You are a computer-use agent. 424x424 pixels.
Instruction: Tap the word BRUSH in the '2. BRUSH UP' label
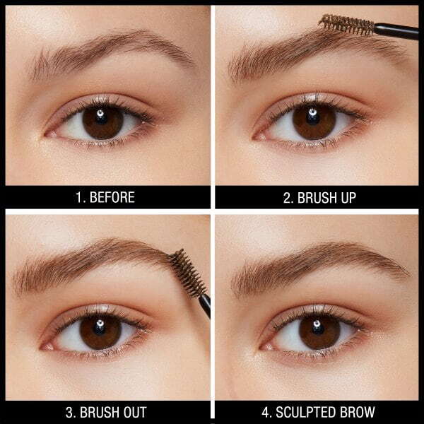[x=317, y=196]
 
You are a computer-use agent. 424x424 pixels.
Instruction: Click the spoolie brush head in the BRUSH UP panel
[x=347, y=25]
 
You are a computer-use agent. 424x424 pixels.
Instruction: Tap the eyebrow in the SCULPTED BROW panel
[x=318, y=258]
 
